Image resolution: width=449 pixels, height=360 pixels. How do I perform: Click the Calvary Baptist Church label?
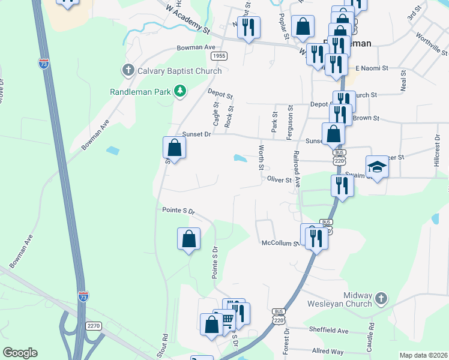(x=179, y=71)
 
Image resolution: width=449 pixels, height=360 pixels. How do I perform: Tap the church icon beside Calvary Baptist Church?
(x=128, y=71)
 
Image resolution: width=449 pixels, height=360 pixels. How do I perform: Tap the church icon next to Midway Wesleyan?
(x=381, y=298)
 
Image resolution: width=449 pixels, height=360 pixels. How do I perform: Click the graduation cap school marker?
(x=377, y=166)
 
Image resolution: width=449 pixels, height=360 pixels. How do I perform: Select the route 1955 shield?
(x=219, y=56)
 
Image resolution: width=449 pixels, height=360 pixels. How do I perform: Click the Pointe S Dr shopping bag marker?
(x=189, y=238)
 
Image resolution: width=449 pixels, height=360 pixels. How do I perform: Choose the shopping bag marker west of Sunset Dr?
(x=173, y=146)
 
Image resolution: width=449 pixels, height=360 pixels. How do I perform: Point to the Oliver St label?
(x=279, y=179)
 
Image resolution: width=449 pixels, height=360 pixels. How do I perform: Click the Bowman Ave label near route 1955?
(x=196, y=47)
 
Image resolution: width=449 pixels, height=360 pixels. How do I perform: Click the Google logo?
(x=20, y=353)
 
